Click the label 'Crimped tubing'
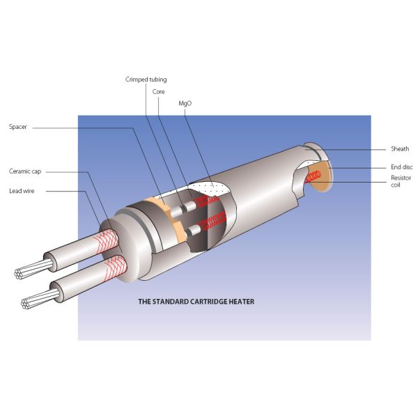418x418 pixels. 146,79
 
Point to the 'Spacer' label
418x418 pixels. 19,127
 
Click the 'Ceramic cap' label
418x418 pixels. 24,171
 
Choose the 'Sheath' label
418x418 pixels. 400,148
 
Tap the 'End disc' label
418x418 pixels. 402,167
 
